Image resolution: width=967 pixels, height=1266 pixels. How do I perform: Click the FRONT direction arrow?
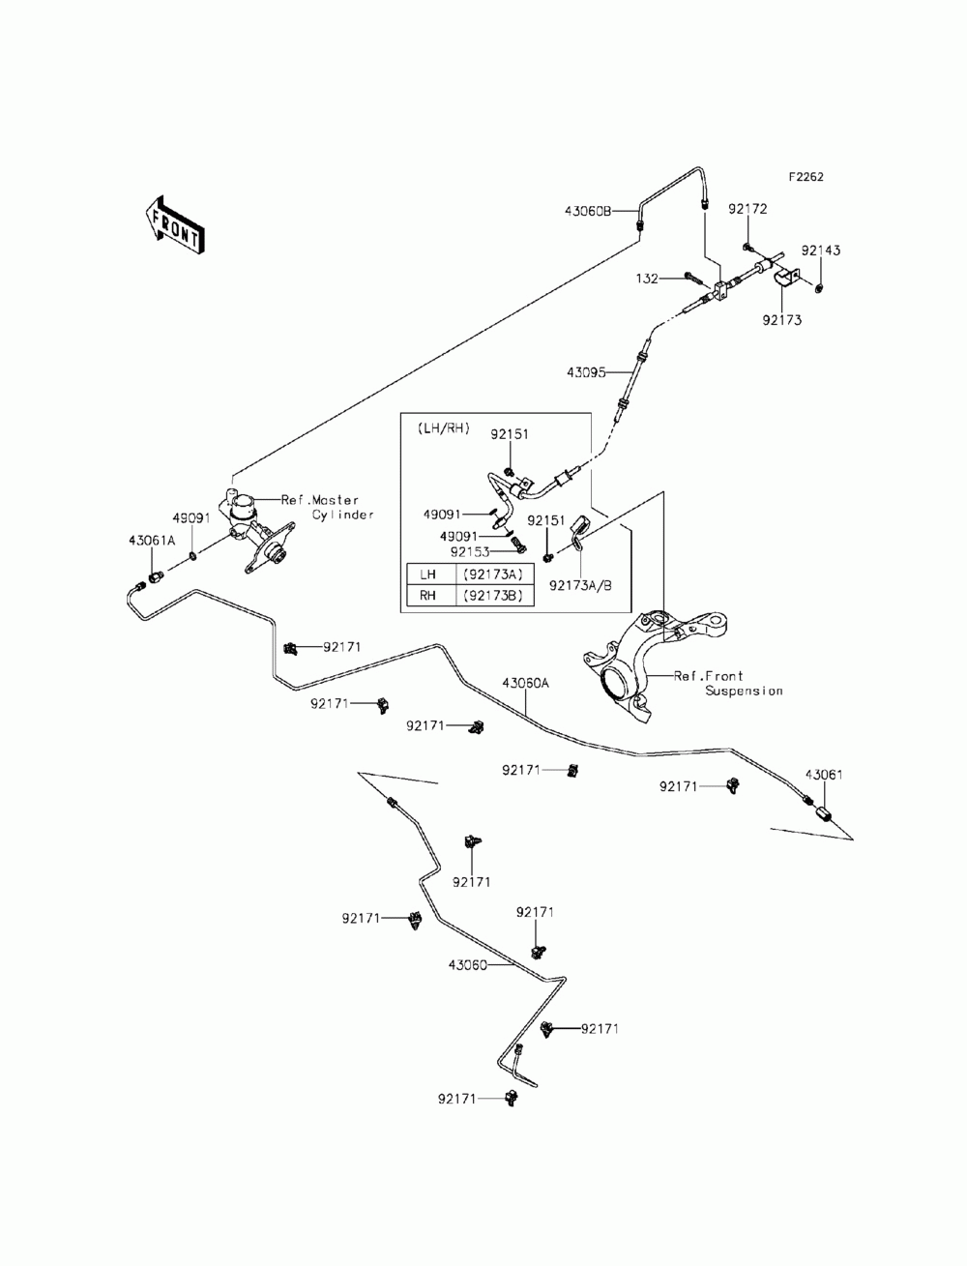(x=174, y=225)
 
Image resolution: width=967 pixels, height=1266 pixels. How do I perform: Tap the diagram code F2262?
(x=806, y=177)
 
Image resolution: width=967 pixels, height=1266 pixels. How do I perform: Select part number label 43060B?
(x=588, y=211)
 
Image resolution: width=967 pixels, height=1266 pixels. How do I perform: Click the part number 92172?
(x=747, y=209)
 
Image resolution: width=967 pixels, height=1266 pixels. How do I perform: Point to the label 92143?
(x=821, y=250)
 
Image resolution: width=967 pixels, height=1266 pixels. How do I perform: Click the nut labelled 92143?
(x=818, y=286)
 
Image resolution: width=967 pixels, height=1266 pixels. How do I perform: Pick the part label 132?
(x=647, y=279)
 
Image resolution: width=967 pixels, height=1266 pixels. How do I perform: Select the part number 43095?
(x=586, y=372)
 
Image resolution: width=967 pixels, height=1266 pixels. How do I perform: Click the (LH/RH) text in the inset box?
(x=443, y=428)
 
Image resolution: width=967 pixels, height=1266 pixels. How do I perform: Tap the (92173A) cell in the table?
(x=493, y=574)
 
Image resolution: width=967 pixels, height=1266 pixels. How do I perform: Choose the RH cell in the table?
(x=427, y=595)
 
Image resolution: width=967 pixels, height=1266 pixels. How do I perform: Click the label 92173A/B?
(x=580, y=586)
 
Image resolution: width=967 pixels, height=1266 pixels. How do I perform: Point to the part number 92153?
(x=470, y=552)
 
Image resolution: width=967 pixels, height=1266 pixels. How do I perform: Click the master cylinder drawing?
(x=256, y=530)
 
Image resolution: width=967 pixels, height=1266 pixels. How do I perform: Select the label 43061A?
(x=152, y=541)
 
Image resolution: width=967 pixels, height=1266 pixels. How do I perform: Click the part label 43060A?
(x=525, y=684)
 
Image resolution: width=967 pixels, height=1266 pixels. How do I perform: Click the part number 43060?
(x=468, y=965)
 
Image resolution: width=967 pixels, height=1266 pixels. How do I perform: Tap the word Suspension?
(x=744, y=691)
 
